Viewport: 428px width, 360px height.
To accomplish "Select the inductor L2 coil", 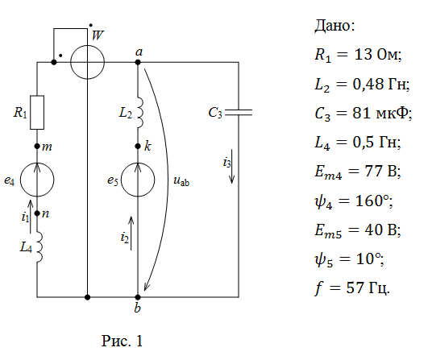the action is click(x=139, y=113).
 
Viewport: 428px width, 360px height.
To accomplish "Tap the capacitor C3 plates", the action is click(x=239, y=113).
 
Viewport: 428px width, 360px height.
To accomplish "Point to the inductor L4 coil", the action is click(x=39, y=247).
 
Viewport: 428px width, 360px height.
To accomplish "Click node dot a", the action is click(x=138, y=62).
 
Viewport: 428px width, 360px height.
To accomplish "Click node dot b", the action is click(x=138, y=297).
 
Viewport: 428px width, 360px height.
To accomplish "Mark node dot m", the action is click(x=37, y=147).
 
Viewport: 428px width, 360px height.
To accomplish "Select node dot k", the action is click(x=138, y=147).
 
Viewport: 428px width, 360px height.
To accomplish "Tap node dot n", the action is click(x=37, y=213).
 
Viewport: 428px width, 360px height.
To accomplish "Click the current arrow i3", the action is click(x=232, y=167).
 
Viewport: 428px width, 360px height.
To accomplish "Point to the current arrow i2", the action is click(x=131, y=234).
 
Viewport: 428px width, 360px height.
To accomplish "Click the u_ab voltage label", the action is click(x=181, y=181).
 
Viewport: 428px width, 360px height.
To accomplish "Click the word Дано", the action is click(x=335, y=26).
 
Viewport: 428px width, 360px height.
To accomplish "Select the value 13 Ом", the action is click(x=378, y=55).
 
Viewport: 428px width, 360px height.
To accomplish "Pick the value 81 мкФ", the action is click(x=382, y=113).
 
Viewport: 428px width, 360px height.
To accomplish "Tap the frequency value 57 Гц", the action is click(x=368, y=288).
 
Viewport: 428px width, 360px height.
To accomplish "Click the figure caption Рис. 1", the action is click(x=122, y=341).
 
